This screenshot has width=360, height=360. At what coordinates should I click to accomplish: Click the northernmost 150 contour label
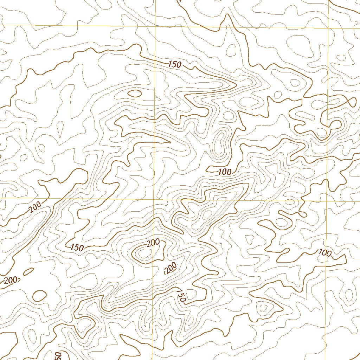tap(174, 64)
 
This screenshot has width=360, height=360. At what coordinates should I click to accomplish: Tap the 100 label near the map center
tap(225, 172)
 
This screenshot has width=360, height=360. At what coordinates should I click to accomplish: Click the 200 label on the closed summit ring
tap(153, 243)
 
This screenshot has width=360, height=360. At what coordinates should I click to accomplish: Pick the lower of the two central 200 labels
tap(170, 268)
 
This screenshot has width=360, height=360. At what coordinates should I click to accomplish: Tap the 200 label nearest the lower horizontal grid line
tap(35, 208)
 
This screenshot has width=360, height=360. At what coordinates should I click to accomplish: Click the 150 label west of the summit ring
tap(77, 247)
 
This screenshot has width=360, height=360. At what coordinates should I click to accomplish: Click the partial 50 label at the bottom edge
tap(58, 356)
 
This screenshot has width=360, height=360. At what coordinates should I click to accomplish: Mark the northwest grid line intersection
tap(155, 27)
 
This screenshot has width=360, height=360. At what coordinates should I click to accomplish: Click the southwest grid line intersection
tap(154, 198)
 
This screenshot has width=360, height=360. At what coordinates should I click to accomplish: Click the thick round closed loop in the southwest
tap(39, 295)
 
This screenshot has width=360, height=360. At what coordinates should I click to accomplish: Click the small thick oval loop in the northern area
tap(135, 93)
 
